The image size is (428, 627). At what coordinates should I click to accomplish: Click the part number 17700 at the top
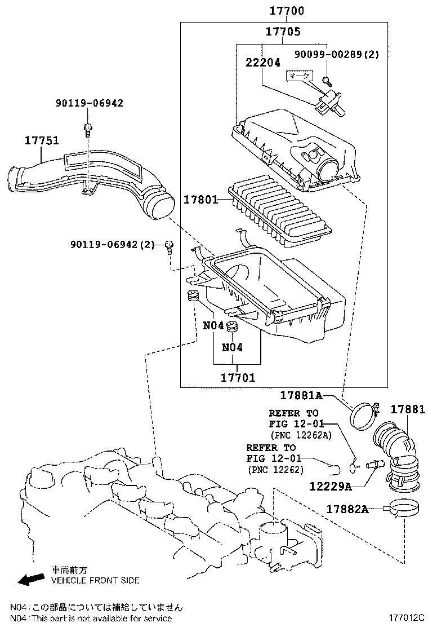coord(283,11)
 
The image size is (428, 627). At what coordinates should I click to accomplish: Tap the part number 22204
coord(262,63)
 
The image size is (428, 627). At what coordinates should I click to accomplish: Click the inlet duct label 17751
coord(41,140)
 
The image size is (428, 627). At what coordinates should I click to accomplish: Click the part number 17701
coord(237,377)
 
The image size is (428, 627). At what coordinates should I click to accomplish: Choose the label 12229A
coord(331,485)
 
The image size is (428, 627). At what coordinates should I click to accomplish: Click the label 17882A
coord(347,509)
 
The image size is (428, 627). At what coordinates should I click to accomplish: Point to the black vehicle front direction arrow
coord(30,579)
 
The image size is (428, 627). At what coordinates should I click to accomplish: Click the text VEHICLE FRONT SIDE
coord(95,580)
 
